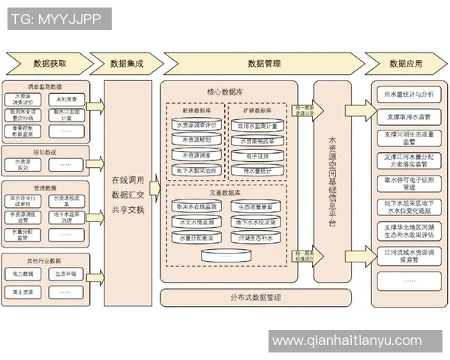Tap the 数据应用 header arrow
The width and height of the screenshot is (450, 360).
coord(406,63)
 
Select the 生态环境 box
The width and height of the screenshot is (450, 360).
coord(68,274)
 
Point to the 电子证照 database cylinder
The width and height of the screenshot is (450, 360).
coord(257,155)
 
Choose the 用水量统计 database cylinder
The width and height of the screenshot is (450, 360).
coord(257,171)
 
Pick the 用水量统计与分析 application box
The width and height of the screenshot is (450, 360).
coord(408,95)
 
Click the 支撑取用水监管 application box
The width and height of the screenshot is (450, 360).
coord(408,117)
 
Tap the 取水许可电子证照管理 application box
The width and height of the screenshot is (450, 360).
coord(408,184)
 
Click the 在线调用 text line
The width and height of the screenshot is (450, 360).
coord(130,181)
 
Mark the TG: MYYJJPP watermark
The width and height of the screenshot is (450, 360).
coord(56,19)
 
